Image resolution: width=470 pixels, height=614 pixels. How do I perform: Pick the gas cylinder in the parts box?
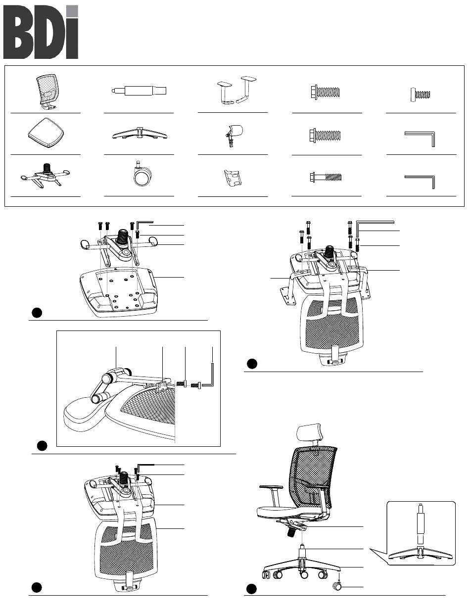tap(139, 91)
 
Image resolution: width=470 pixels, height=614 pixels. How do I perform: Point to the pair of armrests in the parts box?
tap(236, 90)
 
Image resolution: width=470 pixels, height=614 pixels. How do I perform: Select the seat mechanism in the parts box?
tap(45, 175)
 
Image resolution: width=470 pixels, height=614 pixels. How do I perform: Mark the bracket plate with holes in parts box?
tap(233, 178)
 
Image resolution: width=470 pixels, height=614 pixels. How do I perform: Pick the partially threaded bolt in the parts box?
tap(326, 177)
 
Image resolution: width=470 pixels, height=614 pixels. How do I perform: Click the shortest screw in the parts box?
tap(421, 94)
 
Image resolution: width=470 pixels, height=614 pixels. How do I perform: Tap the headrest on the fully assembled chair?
tap(309, 432)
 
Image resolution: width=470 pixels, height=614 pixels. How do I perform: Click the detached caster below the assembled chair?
tap(337, 586)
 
